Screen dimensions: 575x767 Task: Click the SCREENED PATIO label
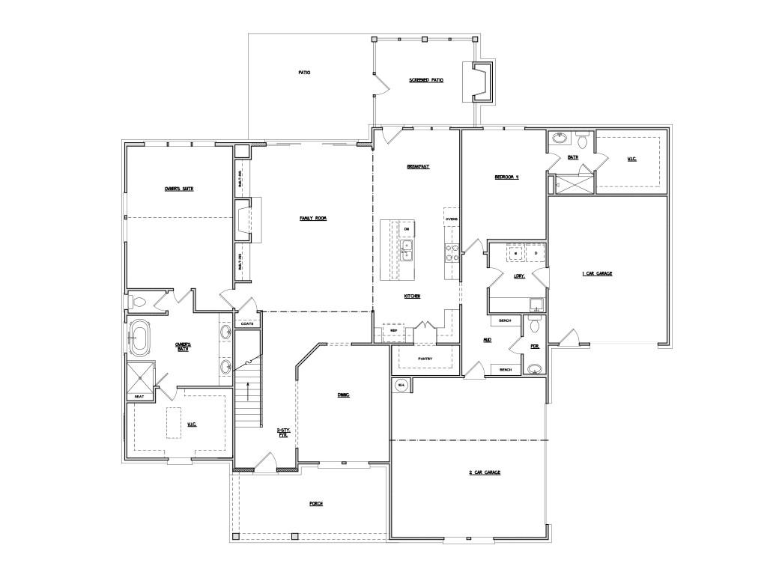click(425, 80)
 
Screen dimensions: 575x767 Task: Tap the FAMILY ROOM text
click(313, 218)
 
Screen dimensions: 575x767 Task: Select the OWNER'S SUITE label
click(179, 189)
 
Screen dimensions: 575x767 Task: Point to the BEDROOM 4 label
click(506, 177)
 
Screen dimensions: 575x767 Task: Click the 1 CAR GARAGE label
click(597, 274)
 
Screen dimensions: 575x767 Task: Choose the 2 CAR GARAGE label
click(484, 472)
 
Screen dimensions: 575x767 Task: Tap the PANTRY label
click(425, 359)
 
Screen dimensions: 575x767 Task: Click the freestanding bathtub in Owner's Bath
click(139, 338)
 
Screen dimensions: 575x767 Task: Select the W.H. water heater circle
click(401, 386)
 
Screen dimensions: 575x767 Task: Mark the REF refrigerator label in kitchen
click(393, 330)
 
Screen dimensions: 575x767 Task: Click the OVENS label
click(452, 219)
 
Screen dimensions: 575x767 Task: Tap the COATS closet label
click(246, 324)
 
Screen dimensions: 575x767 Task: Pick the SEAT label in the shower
click(139, 396)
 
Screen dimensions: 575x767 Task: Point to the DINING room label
click(344, 395)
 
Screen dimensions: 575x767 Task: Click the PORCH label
click(316, 504)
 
